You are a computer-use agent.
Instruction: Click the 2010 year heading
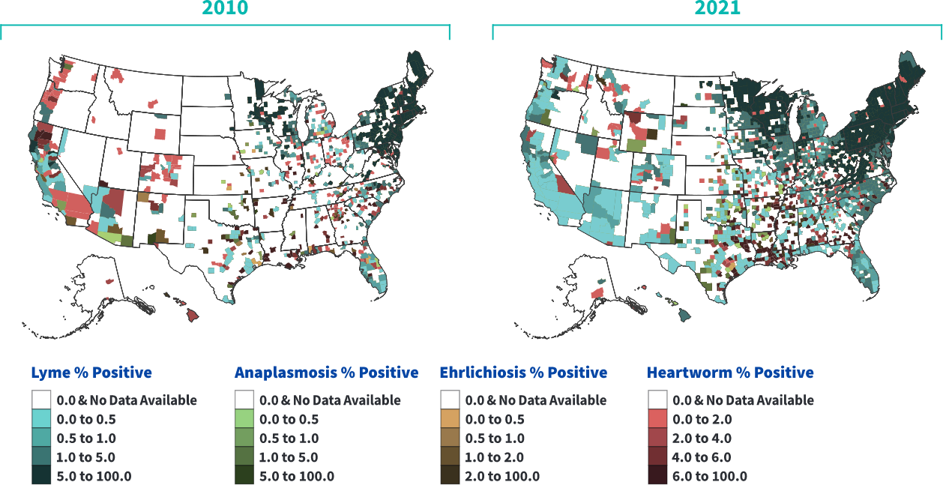tap(225, 8)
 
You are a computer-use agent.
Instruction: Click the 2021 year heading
tap(717, 8)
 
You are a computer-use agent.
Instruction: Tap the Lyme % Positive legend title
tap(91, 373)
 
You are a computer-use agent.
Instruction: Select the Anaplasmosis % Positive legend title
tap(326, 373)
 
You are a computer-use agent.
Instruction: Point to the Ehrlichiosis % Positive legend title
tap(523, 373)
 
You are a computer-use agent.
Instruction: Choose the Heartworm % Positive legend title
tap(730, 373)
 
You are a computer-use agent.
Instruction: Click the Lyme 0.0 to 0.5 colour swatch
tap(41, 419)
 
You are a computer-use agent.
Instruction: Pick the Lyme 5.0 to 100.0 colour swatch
tap(41, 475)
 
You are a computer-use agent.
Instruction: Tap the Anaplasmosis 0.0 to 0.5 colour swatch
tap(244, 419)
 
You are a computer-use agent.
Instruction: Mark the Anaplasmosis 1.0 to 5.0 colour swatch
tap(244, 457)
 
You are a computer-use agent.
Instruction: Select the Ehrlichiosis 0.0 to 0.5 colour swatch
tap(450, 419)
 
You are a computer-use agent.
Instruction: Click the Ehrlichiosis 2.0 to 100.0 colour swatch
tap(450, 475)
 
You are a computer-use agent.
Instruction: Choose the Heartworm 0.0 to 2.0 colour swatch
tap(657, 419)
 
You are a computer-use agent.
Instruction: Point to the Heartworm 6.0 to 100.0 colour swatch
tap(657, 475)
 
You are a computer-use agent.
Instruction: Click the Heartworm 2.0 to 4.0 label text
tap(702, 439)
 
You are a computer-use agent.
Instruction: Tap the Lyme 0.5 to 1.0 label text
tap(86, 439)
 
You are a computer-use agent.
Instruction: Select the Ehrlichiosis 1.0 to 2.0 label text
tap(494, 457)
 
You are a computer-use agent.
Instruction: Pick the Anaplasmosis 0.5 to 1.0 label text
tap(289, 439)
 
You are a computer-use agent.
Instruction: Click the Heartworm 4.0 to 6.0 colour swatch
tap(657, 457)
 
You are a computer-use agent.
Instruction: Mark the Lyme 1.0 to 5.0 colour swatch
tap(41, 457)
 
